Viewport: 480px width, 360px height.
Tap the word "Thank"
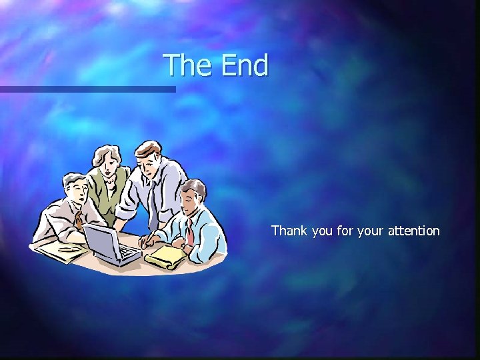289,231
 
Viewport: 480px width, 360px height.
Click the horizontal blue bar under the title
87,89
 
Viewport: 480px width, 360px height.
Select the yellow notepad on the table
165,256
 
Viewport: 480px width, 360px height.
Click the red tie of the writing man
190,234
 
